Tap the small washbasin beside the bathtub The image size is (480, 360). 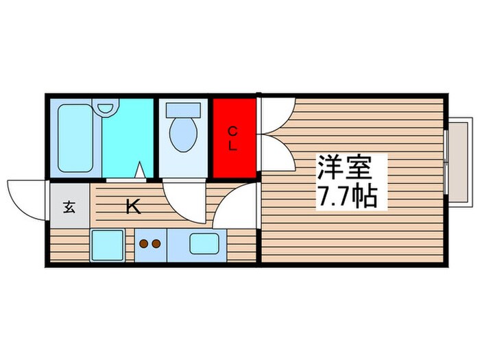tap(106, 108)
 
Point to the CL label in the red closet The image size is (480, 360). tap(233, 138)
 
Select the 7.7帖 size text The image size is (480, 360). tap(346, 197)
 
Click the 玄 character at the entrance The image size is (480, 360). tap(69, 207)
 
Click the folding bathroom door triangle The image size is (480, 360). tap(140, 171)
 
